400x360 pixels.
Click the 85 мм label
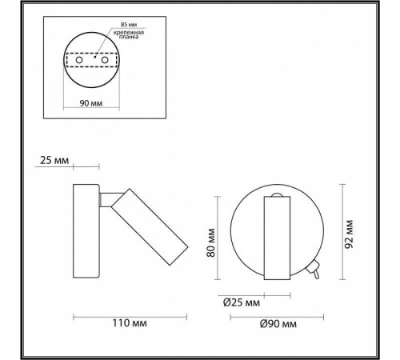[129, 25]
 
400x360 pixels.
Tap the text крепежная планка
[129, 34]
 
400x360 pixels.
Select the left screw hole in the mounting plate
[79, 60]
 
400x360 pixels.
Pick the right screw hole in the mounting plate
[105, 60]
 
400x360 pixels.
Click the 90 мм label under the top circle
[91, 103]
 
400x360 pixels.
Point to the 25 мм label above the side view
[54, 161]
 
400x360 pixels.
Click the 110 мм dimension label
[130, 323]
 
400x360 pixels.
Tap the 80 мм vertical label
[211, 242]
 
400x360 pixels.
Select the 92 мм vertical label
[349, 234]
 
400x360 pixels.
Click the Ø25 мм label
[242, 303]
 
